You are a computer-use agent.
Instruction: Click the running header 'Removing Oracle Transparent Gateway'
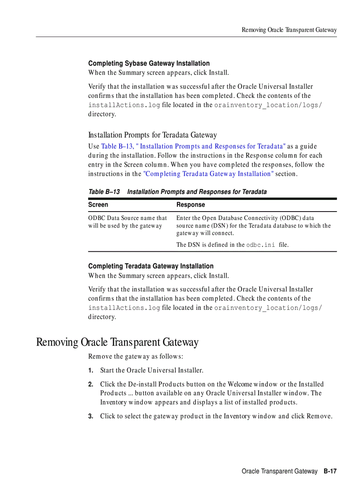tap(289, 30)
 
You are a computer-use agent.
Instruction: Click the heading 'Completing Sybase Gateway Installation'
tap(149, 63)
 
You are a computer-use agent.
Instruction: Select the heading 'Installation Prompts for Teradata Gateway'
tap(152, 135)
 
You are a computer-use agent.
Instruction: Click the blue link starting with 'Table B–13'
tap(193, 146)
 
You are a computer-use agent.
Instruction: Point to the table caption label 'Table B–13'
tap(104, 192)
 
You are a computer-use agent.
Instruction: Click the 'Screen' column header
tap(98, 205)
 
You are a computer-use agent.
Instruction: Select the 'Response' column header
tap(191, 205)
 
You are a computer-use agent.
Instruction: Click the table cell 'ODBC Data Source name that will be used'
tap(127, 222)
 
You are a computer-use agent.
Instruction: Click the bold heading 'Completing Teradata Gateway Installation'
tap(150, 266)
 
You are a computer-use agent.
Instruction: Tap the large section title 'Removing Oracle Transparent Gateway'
tap(117, 342)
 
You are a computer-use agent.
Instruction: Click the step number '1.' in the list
tap(91, 371)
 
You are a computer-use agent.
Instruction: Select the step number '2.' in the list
tap(91, 384)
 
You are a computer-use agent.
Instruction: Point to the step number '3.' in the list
tap(91, 417)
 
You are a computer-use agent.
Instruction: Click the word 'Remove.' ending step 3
tap(319, 416)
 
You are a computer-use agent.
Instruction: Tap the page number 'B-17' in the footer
tap(330, 472)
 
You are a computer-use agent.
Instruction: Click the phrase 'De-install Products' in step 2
tap(154, 384)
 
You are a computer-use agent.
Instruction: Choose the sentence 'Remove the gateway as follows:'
tap(135, 356)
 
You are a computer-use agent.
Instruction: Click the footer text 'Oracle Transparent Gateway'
tap(279, 472)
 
